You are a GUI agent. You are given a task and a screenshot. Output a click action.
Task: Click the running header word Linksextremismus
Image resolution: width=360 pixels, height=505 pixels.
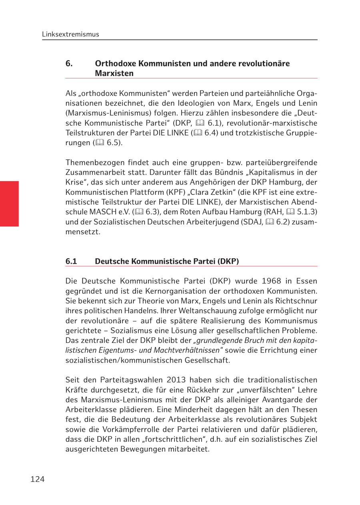(70, 34)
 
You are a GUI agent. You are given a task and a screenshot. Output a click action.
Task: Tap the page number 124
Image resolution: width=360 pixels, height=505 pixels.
(37, 479)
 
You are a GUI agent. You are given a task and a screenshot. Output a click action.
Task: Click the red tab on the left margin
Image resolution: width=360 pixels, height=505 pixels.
(9, 204)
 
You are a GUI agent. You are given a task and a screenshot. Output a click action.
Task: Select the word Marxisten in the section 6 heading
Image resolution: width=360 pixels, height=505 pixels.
(114, 74)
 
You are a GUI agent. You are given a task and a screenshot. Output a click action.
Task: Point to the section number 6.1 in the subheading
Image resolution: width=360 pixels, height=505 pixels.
(71, 261)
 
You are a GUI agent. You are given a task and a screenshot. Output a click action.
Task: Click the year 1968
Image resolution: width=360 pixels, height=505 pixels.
(272, 281)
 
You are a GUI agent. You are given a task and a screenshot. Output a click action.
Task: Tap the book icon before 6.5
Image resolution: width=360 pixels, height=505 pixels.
(100, 143)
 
